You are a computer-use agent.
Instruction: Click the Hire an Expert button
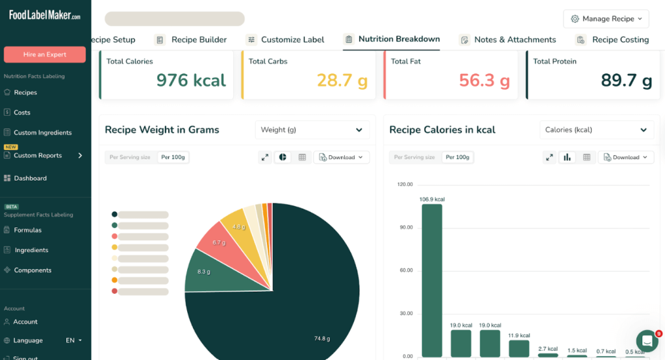(45, 55)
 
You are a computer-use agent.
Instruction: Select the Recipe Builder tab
(198, 40)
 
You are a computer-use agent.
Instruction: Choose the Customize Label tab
(292, 40)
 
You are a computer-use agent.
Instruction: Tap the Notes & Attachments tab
(514, 40)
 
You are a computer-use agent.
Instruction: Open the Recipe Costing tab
(620, 40)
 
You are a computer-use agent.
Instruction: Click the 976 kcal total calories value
(191, 81)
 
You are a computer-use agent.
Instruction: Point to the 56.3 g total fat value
(484, 81)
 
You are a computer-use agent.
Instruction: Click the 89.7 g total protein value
(626, 81)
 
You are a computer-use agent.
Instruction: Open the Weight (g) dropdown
(312, 130)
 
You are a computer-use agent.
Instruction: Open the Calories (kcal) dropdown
(596, 130)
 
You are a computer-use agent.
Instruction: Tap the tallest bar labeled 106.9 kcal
(432, 279)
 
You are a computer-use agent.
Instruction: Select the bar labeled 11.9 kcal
(519, 348)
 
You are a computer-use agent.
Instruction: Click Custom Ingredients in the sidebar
(43, 133)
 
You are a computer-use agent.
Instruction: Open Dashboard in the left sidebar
(30, 178)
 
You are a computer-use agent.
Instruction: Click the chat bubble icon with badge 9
(647, 341)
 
